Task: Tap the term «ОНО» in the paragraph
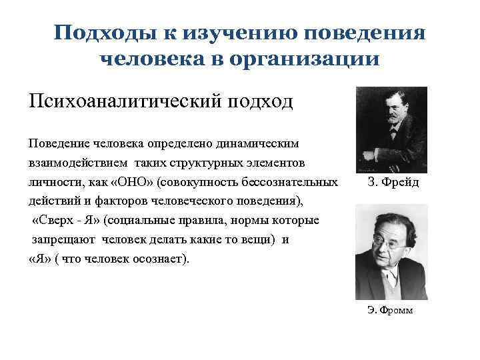(131, 183)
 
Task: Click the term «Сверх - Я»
(66, 221)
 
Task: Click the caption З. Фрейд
(393, 183)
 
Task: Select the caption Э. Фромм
(390, 310)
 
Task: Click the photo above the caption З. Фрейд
(391, 129)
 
